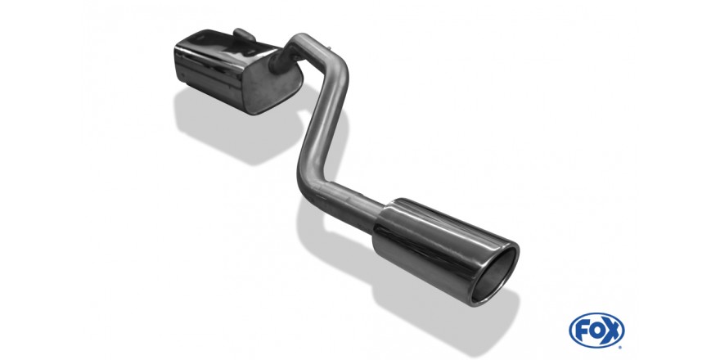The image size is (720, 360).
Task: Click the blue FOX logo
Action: coord(596,331)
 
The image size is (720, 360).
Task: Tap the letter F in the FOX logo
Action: coord(581,331)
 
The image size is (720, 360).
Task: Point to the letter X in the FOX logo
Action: coord(611,331)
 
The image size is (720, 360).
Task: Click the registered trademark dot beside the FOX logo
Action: coord(621,346)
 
